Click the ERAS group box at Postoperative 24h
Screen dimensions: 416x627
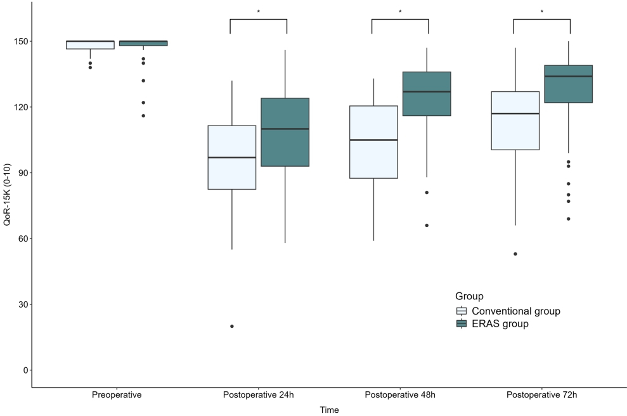pyautogui.click(x=285, y=132)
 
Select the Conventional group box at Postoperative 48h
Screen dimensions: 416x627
pyautogui.click(x=374, y=142)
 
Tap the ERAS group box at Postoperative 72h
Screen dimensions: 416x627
pyautogui.click(x=569, y=84)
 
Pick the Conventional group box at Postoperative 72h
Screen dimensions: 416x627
pyautogui.click(x=515, y=120)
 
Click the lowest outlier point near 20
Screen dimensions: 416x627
pyautogui.click(x=232, y=327)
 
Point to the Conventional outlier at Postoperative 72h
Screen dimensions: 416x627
pyautogui.click(x=515, y=254)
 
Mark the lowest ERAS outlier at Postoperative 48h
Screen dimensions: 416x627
pyautogui.click(x=427, y=226)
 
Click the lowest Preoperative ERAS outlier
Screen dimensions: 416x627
pyautogui.click(x=143, y=115)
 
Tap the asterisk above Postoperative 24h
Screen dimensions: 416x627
pyautogui.click(x=259, y=12)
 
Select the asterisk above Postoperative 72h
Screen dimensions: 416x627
pyautogui.click(x=542, y=12)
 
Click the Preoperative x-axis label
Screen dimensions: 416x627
pyautogui.click(x=117, y=395)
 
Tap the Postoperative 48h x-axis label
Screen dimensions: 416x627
pyautogui.click(x=400, y=395)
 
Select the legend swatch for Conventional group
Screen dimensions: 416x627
pyautogui.click(x=462, y=311)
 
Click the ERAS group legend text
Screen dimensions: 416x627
pyautogui.click(x=500, y=324)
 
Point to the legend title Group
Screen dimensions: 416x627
pyautogui.click(x=469, y=296)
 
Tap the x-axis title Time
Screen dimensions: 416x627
pyautogui.click(x=329, y=410)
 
